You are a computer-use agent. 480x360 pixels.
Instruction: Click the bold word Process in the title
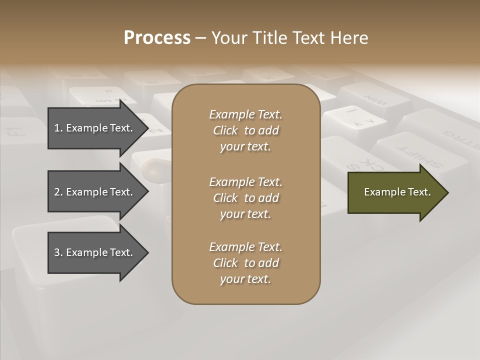(x=157, y=37)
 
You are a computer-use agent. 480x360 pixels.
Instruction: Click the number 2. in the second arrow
(x=58, y=192)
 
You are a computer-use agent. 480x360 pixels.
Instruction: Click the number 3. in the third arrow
(x=58, y=252)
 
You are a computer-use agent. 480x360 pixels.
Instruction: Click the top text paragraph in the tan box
(x=245, y=130)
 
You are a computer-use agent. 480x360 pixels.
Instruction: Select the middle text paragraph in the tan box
(x=245, y=197)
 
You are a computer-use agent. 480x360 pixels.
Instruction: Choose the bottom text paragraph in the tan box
(x=245, y=263)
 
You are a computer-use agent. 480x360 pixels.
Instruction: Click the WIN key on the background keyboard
(x=374, y=100)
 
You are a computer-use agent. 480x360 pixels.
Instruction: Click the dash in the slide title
(x=201, y=38)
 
